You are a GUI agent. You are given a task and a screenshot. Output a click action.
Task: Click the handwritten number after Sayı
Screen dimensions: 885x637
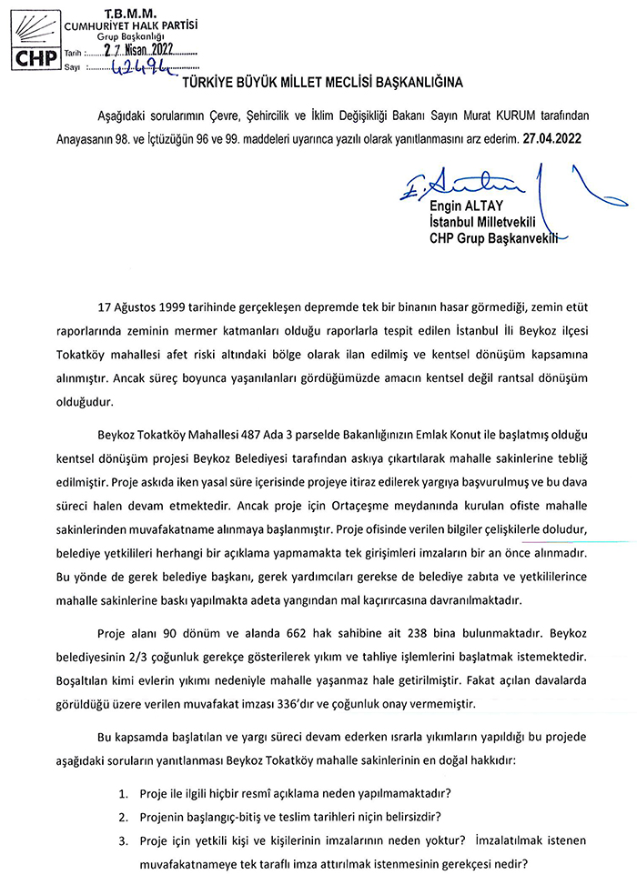click(134, 67)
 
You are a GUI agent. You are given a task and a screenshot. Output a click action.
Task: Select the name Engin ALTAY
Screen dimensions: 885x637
click(460, 206)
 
